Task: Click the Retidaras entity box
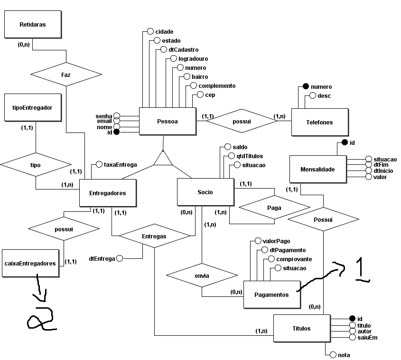[33, 24]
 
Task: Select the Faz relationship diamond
[66, 75]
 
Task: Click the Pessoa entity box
[167, 121]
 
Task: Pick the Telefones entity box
[319, 122]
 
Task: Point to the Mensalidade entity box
[317, 169]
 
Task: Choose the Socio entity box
[205, 192]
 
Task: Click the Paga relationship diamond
[274, 208]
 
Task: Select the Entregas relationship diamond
[154, 236]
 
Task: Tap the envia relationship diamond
[202, 275]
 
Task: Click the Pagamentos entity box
[272, 294]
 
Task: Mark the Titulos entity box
[302, 328]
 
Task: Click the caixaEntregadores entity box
[31, 263]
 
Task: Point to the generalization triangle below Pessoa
[163, 159]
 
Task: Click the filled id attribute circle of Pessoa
[116, 133]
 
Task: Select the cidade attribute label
[164, 31]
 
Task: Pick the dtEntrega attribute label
[102, 259]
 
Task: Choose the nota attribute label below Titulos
[344, 354]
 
